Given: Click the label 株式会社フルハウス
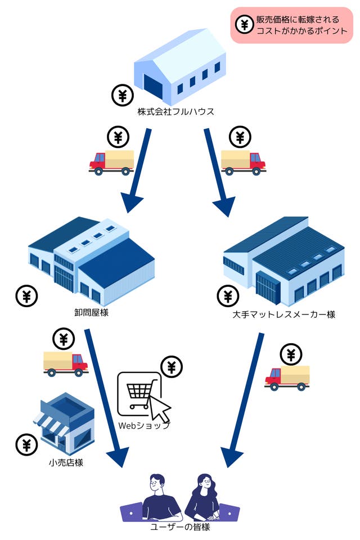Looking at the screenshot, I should pyautogui.click(x=175, y=111).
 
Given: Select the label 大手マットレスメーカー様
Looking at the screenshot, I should pyautogui.click(x=283, y=314).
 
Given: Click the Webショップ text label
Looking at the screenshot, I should pyautogui.click(x=143, y=426).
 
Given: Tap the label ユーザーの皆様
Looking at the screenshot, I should pyautogui.click(x=179, y=527).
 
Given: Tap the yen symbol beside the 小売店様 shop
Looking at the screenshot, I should pyautogui.click(x=26, y=444).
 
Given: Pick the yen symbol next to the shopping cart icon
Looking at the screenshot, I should pyautogui.click(x=172, y=367).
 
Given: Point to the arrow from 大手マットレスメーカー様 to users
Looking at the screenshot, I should pyautogui.click(x=244, y=399).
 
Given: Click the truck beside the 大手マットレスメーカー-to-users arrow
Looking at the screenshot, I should pyautogui.click(x=287, y=377).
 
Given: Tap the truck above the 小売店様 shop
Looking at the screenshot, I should pyautogui.click(x=65, y=363).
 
